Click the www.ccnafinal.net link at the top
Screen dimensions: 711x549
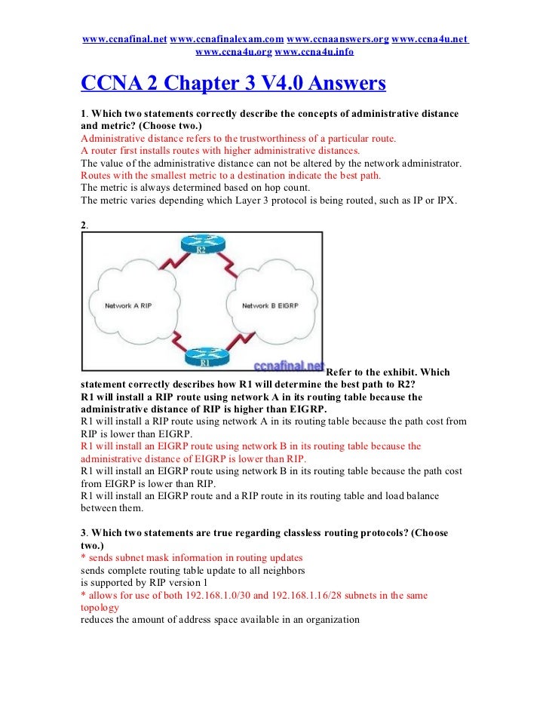(x=124, y=38)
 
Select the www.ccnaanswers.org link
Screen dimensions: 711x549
(x=338, y=38)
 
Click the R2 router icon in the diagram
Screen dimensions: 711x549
(x=200, y=246)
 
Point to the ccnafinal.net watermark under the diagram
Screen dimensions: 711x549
(x=289, y=366)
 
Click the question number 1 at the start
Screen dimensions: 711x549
(x=83, y=114)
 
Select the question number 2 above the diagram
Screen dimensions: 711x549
(x=83, y=224)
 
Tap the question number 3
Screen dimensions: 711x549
(x=83, y=532)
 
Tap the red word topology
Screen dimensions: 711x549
(x=100, y=607)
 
